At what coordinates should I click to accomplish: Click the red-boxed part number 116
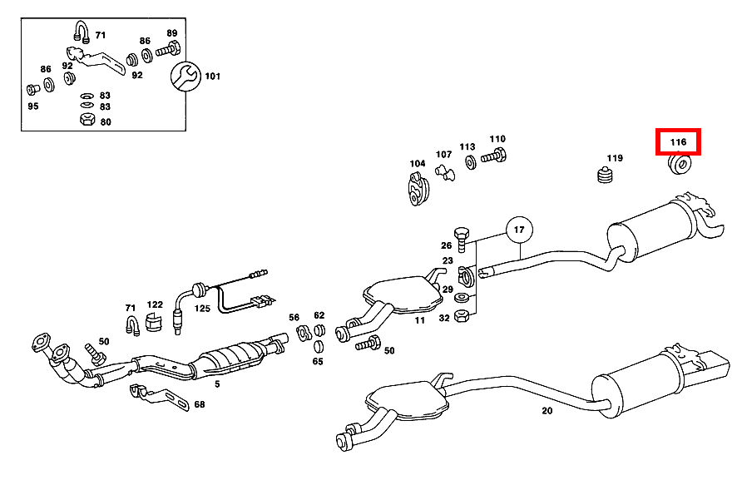click(679, 142)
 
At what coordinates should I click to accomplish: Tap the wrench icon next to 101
click(184, 77)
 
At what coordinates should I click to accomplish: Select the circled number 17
click(518, 229)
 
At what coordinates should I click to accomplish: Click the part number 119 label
click(614, 158)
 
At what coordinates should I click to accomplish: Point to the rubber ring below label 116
click(680, 165)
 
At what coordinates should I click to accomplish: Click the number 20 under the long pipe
click(547, 410)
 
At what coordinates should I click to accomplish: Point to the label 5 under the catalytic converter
click(216, 384)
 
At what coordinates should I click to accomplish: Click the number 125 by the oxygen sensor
click(202, 309)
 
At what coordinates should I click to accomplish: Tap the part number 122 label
click(156, 305)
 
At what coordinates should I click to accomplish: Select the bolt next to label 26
click(462, 235)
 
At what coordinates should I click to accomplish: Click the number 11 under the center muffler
click(420, 320)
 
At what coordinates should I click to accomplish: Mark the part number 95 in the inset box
click(32, 106)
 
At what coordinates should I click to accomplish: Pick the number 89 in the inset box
click(171, 33)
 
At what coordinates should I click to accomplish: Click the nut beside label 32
click(465, 316)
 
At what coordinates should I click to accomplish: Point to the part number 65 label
click(318, 361)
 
